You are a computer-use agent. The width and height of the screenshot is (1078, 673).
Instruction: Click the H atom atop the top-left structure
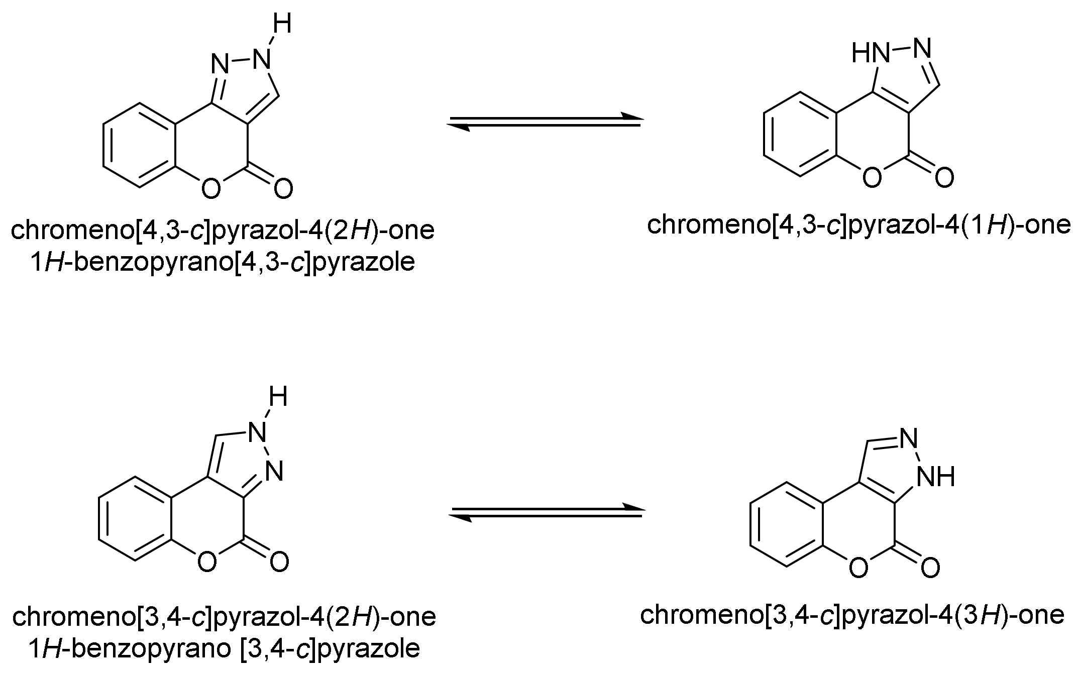coord(282,24)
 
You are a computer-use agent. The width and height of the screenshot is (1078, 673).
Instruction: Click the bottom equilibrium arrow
coord(548,512)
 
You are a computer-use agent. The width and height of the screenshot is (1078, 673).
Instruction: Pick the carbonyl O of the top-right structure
coord(944,178)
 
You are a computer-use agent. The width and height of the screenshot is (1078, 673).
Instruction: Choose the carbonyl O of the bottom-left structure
coord(279,562)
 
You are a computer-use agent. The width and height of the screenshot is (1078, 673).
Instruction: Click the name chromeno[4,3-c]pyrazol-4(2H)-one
coord(223,231)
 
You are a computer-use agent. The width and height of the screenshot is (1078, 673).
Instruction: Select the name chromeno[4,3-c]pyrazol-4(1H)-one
coord(859,225)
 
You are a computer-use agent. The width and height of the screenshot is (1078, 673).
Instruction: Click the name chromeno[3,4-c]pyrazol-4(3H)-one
coord(852,615)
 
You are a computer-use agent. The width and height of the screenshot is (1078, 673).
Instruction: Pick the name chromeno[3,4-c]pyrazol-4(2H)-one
coord(224,616)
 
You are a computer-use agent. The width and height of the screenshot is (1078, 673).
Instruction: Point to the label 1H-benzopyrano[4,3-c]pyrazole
coord(223,262)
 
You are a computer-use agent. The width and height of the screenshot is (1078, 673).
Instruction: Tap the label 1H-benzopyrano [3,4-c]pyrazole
coord(224,649)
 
